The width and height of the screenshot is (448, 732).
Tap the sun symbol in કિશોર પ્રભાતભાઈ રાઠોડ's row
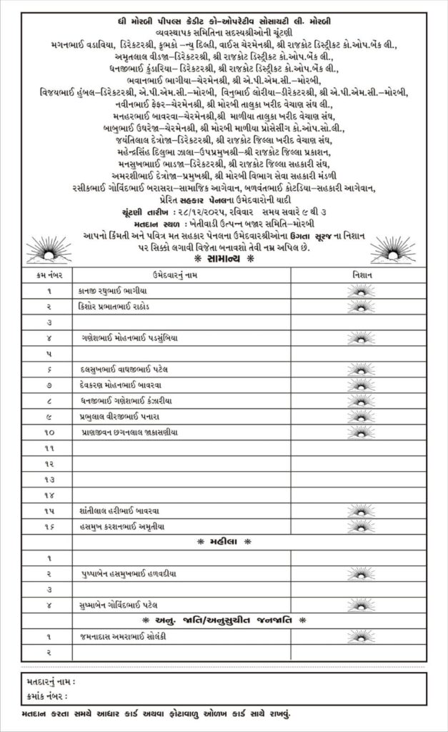pyautogui.click(x=360, y=307)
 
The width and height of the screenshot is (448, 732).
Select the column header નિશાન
pyautogui.click(x=360, y=275)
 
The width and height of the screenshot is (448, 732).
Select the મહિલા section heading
pyautogui.click(x=222, y=541)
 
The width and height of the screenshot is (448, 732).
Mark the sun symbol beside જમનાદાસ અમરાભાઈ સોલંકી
pyautogui.click(x=360, y=635)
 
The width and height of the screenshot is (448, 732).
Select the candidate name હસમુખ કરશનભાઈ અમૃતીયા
pyautogui.click(x=118, y=526)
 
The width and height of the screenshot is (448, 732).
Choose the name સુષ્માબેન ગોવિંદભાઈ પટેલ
pyautogui.click(x=123, y=605)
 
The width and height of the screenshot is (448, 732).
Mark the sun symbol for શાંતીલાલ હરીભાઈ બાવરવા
pyautogui.click(x=360, y=510)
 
